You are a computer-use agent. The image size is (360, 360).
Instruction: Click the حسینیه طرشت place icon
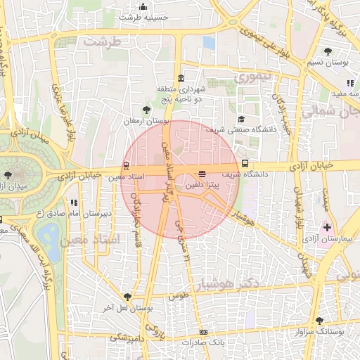pyautogui.click(x=143, y=7)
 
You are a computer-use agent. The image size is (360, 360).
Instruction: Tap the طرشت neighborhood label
pyautogui.click(x=102, y=41)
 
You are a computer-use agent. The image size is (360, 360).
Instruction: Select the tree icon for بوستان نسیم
pyautogui.click(x=328, y=51)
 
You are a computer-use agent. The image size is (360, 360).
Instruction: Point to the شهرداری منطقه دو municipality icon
pyautogui.click(x=181, y=78)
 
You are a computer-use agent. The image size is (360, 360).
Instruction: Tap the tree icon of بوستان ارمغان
pyautogui.click(x=146, y=110)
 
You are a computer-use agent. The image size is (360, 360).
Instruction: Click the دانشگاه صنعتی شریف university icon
pyautogui.click(x=242, y=119)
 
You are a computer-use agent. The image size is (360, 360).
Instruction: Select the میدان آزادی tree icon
pyautogui.click(x=8, y=174)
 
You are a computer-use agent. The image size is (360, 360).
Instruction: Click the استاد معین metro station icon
pyautogui.click(x=126, y=166)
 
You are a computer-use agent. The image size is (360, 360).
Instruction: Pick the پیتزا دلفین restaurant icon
pyautogui.click(x=202, y=172)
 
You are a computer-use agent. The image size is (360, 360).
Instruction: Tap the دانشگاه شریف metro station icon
pyautogui.click(x=245, y=163)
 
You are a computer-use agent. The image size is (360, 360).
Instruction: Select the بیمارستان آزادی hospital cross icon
pyautogui.click(x=327, y=228)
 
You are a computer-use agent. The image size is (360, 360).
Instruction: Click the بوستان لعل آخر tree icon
pyautogui.click(x=127, y=297)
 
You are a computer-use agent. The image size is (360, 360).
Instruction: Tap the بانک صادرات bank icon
pyautogui.click(x=204, y=332)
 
